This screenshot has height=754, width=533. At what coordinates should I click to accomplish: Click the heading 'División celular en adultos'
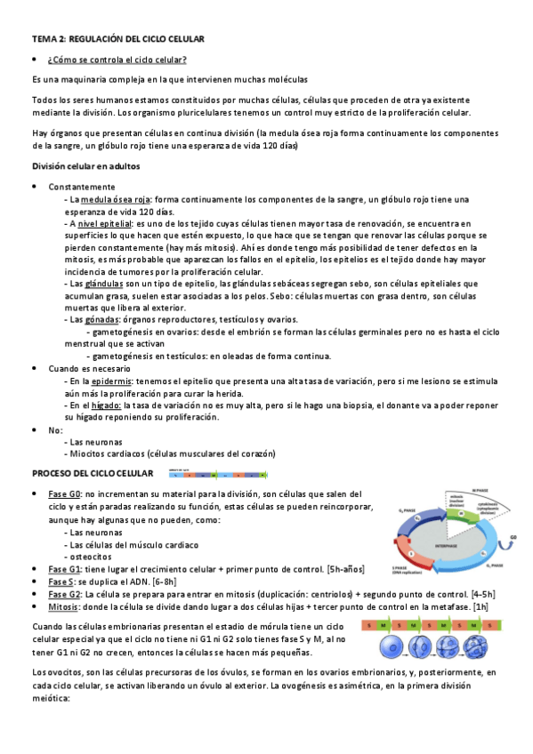click(x=85, y=166)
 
